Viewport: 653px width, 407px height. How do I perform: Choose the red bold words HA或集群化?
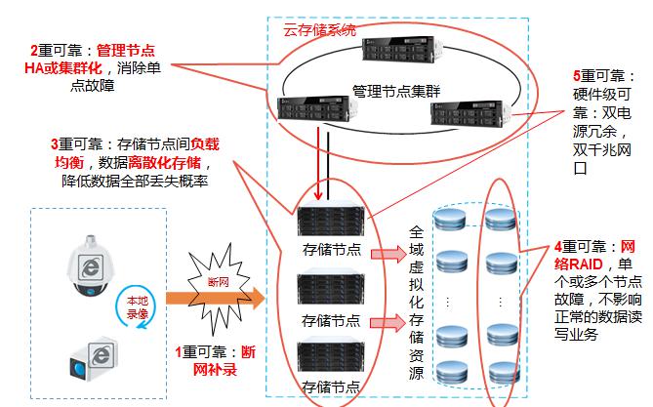pos(60,69)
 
